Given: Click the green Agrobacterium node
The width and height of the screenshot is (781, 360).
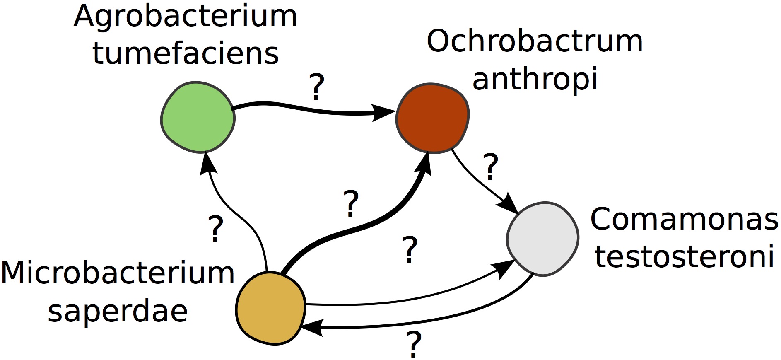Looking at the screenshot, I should (198, 117).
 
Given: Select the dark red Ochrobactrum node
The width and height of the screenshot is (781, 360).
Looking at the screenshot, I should (432, 118).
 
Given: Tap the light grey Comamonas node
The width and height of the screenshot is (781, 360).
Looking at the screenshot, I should (542, 239).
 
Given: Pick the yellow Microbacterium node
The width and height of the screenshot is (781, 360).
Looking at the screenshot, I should (270, 308).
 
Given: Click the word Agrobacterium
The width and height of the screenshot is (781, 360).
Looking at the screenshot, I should (186, 17).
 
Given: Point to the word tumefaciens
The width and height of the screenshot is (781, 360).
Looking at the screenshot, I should (186, 54).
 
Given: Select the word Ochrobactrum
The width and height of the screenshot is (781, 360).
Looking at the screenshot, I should (535, 41).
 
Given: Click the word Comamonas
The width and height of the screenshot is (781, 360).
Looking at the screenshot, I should (684, 219).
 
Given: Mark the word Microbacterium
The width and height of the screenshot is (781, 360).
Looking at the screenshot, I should (118, 273).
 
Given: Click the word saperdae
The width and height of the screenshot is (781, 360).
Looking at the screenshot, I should (118, 312).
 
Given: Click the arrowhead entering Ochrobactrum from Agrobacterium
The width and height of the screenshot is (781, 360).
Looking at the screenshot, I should (383, 112).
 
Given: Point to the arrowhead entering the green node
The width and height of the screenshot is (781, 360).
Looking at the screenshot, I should (207, 163).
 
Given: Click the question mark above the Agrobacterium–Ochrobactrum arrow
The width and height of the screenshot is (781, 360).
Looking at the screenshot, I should (317, 87).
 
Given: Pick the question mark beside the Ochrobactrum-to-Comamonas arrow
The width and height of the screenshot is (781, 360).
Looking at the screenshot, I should (491, 167).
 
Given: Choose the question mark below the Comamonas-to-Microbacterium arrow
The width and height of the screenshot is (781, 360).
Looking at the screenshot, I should (414, 344).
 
